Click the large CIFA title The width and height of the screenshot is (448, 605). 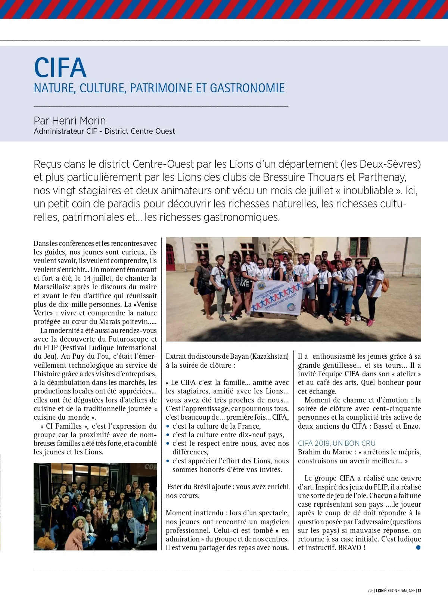point(60,68)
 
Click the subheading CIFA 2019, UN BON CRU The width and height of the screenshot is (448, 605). point(336,443)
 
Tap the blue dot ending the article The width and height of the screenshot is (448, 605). point(418,547)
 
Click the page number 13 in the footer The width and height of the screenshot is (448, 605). point(420,591)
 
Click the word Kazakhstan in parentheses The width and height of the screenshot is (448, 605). point(270,356)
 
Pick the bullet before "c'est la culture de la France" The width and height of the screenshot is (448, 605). point(168,426)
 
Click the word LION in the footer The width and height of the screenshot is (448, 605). point(380,591)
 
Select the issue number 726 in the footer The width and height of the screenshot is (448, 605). point(370,591)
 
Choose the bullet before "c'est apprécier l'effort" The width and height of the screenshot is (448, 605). point(168,461)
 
